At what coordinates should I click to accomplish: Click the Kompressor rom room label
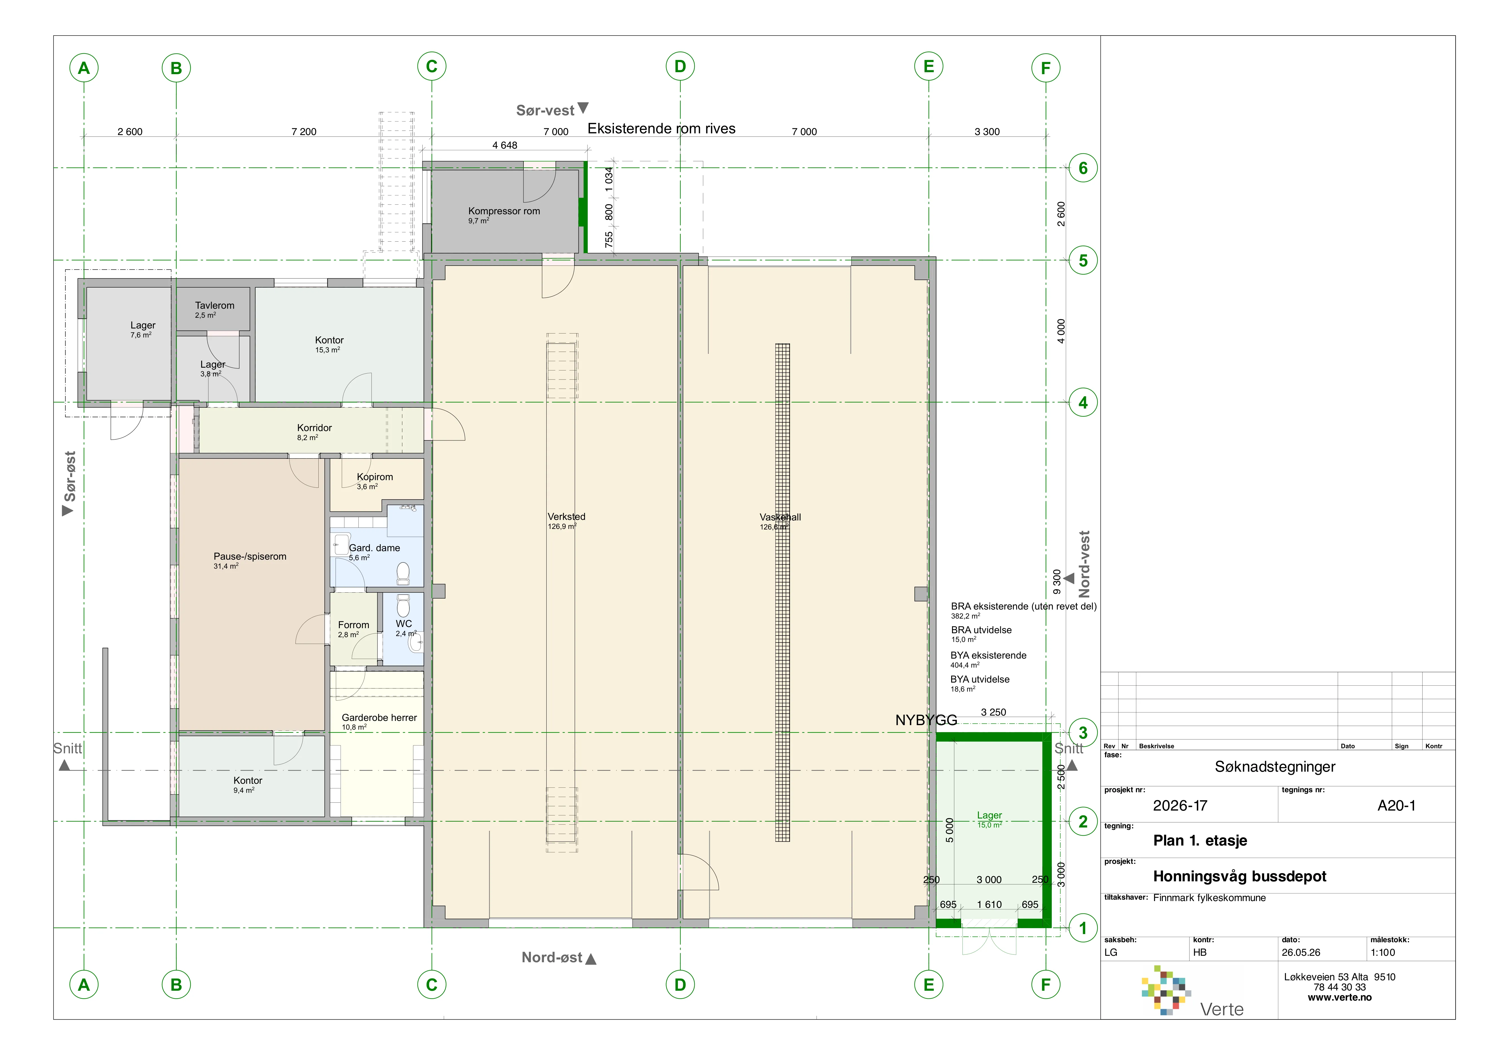pos(504,211)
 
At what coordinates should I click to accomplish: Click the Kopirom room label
pos(375,477)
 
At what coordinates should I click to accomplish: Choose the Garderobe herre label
pos(379,718)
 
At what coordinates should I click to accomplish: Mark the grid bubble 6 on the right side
pos(1082,168)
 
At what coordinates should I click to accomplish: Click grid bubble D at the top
pos(680,66)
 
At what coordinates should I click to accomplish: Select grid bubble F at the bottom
pos(1046,985)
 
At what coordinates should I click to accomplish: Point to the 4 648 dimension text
pos(505,145)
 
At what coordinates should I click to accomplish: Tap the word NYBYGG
pos(926,720)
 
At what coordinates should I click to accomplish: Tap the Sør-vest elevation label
pos(545,111)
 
